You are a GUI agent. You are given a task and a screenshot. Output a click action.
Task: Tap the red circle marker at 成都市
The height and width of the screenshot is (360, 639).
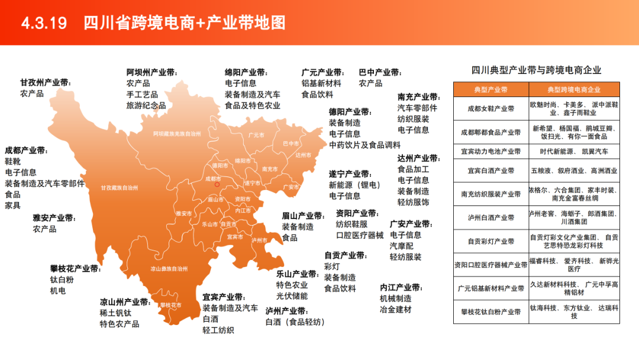[x=217, y=184]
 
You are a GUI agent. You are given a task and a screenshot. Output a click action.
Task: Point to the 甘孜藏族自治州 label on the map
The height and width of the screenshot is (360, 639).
[x=119, y=188]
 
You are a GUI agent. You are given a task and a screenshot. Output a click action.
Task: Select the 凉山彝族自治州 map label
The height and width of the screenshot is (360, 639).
[x=169, y=268]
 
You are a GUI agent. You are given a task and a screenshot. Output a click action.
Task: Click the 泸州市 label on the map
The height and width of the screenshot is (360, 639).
[x=259, y=240]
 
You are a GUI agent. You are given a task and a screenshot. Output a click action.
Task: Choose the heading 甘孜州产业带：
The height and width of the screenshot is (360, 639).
[x=45, y=82]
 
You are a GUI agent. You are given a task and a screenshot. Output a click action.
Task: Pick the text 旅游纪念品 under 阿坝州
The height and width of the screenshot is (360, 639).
[x=146, y=105]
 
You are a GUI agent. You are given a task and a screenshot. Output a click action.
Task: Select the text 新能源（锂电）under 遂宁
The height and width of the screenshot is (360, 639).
[x=355, y=185]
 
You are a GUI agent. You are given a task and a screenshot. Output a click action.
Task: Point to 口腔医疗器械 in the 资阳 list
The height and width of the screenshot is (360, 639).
[x=359, y=235]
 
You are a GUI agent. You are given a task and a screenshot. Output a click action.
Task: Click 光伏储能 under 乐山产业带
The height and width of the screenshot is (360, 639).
[x=292, y=296]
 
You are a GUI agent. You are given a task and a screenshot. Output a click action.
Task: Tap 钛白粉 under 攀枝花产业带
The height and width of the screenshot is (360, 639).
[x=62, y=279]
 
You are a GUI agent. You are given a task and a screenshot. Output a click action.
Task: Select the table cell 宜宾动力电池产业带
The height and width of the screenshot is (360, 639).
[x=490, y=151]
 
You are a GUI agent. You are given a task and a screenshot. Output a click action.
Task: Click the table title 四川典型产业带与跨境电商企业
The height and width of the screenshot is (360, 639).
[x=536, y=70]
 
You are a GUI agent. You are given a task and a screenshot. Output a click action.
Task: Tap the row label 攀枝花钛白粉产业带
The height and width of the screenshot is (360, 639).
[x=490, y=311]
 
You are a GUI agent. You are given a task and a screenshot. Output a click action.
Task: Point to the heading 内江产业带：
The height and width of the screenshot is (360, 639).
[x=401, y=288]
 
